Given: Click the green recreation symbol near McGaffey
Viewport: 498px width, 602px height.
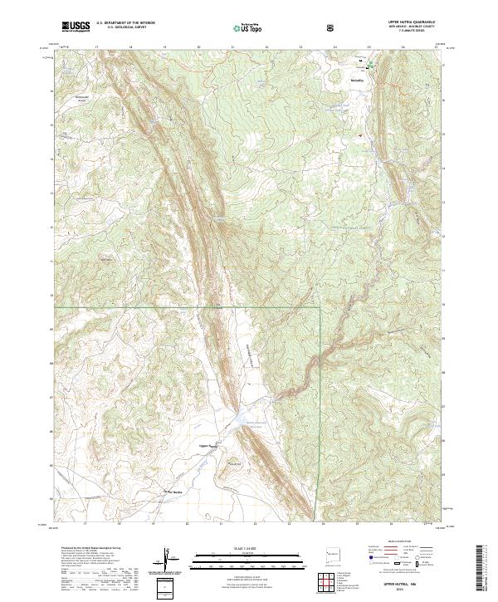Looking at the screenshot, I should tap(371, 63).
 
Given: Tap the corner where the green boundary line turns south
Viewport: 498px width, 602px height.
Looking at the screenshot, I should tap(320, 308).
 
